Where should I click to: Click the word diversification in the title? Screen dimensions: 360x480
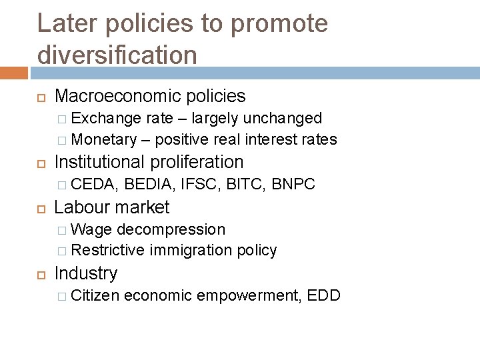117,54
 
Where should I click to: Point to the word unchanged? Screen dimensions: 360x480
283,119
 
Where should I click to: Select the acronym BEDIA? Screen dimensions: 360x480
151,184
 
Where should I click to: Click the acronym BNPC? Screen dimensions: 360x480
293,184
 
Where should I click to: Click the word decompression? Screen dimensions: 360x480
171,229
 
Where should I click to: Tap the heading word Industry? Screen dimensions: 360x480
86,273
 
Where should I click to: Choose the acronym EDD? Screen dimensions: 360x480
324,295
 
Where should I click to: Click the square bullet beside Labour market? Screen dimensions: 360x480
41,208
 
